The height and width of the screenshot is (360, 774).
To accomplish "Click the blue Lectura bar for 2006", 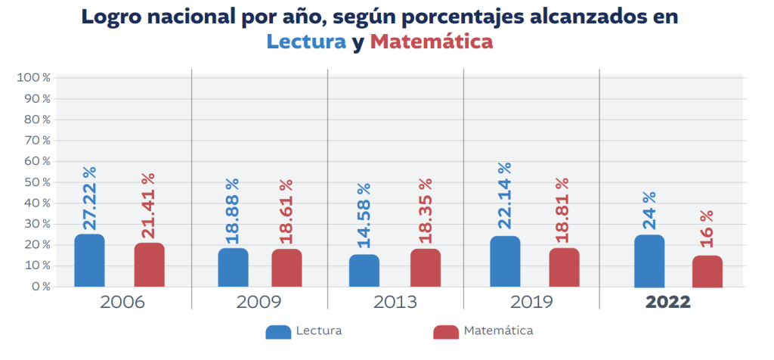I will coord(89,261).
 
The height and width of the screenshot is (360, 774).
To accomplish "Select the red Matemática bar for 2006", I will coord(149,265).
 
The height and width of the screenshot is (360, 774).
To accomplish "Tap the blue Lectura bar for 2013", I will coord(364,271).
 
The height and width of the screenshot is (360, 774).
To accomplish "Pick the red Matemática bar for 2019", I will coord(564,268).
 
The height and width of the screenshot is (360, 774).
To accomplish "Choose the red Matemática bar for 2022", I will coord(707,272).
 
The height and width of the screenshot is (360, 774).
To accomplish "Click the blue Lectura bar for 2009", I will coord(233,268).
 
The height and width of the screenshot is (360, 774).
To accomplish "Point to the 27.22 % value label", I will coord(90,199).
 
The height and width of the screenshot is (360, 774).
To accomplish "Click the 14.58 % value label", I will coord(364,216).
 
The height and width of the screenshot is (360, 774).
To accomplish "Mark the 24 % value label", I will coord(649,211).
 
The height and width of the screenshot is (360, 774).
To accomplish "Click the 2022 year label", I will coord(668,302).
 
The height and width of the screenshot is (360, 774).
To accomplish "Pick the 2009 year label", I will coord(259,302).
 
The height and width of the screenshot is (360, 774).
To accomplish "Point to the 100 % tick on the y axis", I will coord(33,78).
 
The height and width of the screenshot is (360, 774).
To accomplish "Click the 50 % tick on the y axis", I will coord(36,182).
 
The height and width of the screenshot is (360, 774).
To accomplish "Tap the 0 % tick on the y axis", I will coord(40,287).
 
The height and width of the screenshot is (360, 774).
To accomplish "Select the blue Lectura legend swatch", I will coord(278,331).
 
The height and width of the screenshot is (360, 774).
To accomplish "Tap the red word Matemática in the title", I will coord(432,42).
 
